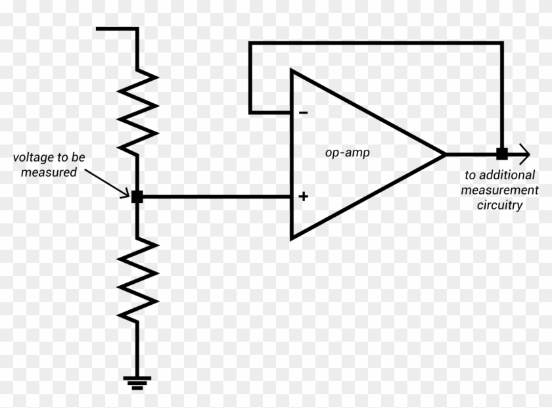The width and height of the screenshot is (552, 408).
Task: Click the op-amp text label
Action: point(347,152)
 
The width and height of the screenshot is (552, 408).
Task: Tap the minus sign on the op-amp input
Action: point(303,112)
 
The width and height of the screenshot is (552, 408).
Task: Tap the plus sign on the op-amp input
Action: point(304,196)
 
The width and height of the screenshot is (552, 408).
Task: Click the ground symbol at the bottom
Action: point(137,382)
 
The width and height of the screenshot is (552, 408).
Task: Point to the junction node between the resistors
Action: point(137,196)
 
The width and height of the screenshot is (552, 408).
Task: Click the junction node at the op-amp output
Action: point(501,154)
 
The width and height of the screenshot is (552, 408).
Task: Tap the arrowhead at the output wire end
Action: point(524,154)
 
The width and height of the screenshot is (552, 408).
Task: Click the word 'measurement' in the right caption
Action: point(499,191)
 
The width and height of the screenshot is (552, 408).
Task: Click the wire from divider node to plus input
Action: point(217,196)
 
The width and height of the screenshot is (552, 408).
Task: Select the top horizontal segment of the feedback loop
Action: point(375,43)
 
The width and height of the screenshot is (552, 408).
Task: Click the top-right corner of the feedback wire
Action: point(501,43)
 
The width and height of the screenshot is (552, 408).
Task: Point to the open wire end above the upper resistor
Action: point(99,29)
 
